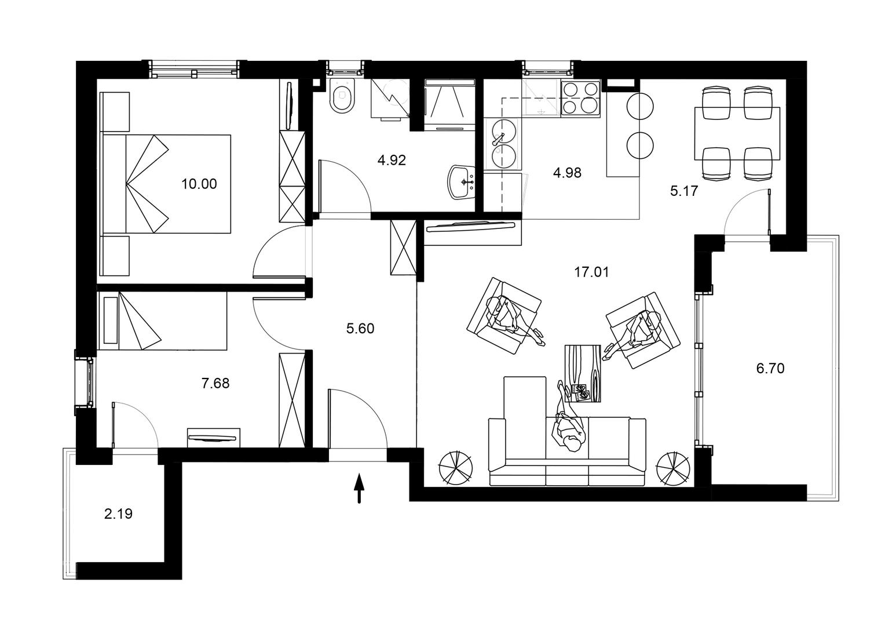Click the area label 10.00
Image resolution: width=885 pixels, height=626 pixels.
(x=199, y=184)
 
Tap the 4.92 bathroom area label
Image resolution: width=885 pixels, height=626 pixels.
(x=392, y=160)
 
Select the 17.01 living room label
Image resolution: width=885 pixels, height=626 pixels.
(x=591, y=272)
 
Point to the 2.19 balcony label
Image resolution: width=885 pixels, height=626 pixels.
(x=118, y=514)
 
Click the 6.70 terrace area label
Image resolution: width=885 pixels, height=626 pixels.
(x=770, y=369)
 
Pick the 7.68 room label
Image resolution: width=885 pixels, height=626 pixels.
(x=215, y=383)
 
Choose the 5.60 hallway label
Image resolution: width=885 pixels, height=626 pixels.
(x=360, y=328)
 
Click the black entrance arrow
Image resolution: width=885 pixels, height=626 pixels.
(x=359, y=489)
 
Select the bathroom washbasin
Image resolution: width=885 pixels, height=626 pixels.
(x=462, y=182)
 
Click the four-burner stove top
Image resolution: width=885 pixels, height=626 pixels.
(x=580, y=98)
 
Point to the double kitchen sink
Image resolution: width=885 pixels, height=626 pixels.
(x=503, y=144)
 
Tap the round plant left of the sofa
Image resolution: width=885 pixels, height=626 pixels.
(x=456, y=468)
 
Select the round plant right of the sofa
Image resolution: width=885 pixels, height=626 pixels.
(x=673, y=468)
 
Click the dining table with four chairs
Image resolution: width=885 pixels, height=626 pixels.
(x=737, y=134)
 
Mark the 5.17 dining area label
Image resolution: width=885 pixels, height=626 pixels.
(x=684, y=191)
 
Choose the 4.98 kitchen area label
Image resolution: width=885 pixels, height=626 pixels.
(x=568, y=173)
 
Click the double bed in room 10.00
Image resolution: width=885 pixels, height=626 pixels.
(x=166, y=184)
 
